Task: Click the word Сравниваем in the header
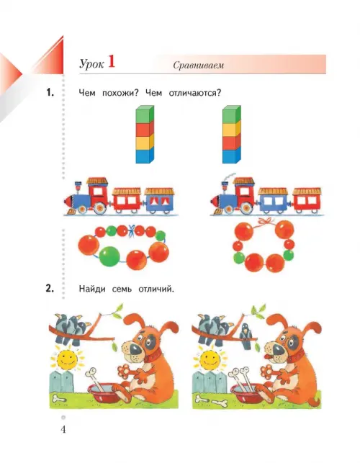click(x=198, y=66)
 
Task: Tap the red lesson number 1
click(x=112, y=62)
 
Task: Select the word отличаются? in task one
click(x=195, y=93)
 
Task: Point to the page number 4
click(x=63, y=429)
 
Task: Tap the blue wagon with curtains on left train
click(x=159, y=199)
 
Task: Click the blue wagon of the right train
click(x=274, y=199)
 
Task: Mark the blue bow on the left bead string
click(x=132, y=230)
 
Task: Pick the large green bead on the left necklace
click(x=109, y=256)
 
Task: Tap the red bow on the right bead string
click(x=265, y=221)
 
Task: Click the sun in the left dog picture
click(x=68, y=359)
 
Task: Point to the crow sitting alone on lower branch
click(x=245, y=336)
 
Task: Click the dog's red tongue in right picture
click(x=267, y=357)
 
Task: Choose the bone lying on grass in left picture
click(x=60, y=399)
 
